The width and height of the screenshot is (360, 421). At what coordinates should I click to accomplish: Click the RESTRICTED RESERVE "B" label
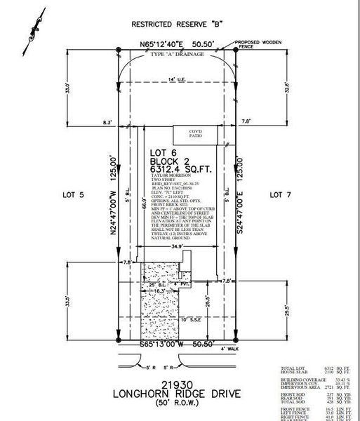click(x=178, y=24)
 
